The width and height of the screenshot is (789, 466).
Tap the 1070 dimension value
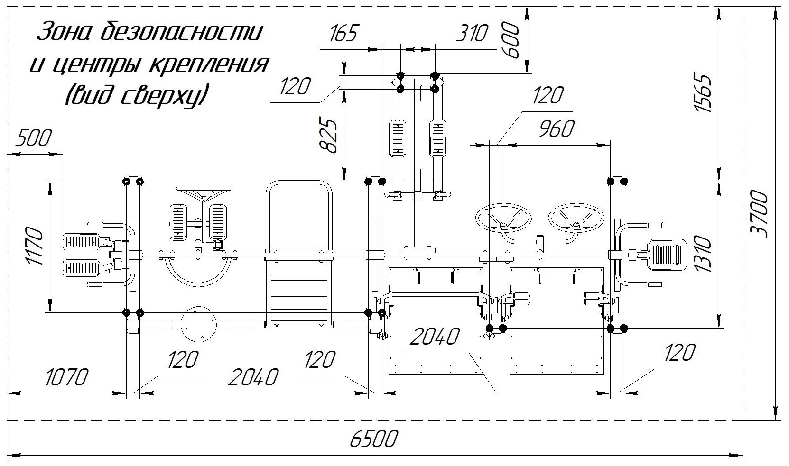(x=67, y=378)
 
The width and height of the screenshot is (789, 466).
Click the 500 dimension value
(x=33, y=138)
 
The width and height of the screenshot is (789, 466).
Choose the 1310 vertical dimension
(x=704, y=255)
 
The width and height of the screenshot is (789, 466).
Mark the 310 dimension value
(x=471, y=34)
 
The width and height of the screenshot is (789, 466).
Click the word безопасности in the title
(x=182, y=32)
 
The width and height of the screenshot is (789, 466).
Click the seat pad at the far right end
(x=666, y=255)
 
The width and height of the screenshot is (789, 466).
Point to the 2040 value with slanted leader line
(x=435, y=337)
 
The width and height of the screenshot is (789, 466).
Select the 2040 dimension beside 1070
(x=252, y=378)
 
